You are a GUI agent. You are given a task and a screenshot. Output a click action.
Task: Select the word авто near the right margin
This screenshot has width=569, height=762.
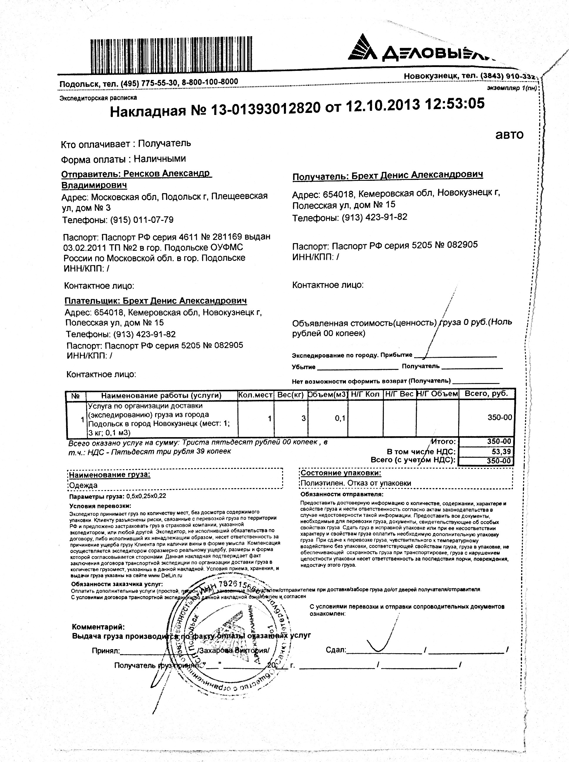tap(509, 134)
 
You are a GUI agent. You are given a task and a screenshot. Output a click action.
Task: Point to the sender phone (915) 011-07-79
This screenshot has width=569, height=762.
tap(142, 220)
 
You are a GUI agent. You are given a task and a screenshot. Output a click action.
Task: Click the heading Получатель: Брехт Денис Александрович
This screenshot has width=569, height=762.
tap(387, 175)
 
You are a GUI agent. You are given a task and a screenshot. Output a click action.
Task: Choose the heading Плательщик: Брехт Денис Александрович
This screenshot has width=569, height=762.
tap(156, 301)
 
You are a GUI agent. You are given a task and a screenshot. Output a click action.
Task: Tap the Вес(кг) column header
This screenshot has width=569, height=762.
tap(290, 395)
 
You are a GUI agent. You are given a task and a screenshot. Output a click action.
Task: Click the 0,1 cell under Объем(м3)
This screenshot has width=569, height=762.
tap(340, 418)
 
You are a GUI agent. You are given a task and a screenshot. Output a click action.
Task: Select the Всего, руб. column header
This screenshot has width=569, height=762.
tap(486, 394)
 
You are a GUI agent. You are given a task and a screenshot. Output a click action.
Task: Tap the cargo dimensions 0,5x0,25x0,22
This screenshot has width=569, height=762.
tap(146, 497)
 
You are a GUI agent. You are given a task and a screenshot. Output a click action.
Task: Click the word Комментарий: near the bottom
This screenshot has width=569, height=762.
tap(98, 627)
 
